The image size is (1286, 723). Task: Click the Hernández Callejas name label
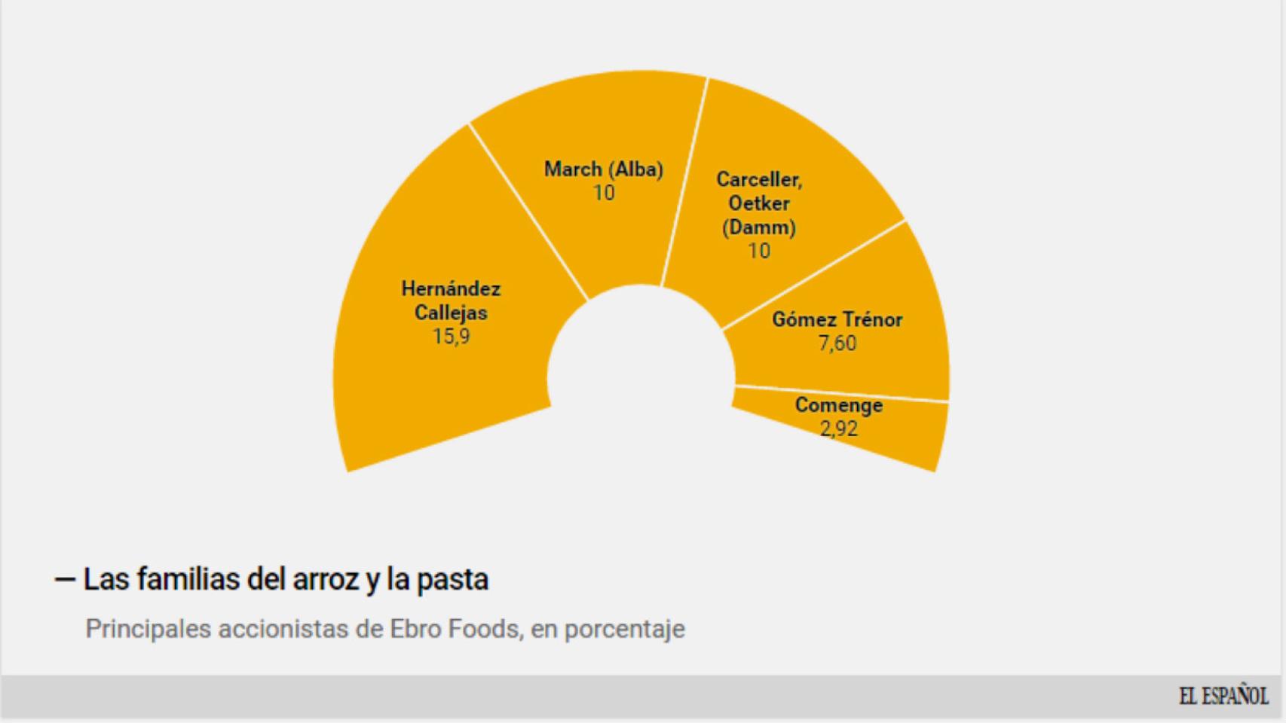451,300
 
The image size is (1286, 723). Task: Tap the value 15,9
451,337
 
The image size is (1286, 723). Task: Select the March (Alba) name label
604,169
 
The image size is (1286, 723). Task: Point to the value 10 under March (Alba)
604,194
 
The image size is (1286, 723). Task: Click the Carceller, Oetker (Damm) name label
759,203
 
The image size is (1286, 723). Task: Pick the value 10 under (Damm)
759,251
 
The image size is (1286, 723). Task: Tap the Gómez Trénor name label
837,319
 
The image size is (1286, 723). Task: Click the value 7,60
837,343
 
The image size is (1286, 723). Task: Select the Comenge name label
838,405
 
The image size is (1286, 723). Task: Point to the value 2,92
838,429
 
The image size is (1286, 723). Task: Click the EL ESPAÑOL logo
1223,696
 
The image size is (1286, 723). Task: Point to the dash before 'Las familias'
65,579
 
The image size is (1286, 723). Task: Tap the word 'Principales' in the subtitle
148,629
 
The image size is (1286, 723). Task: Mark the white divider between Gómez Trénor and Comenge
840,393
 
